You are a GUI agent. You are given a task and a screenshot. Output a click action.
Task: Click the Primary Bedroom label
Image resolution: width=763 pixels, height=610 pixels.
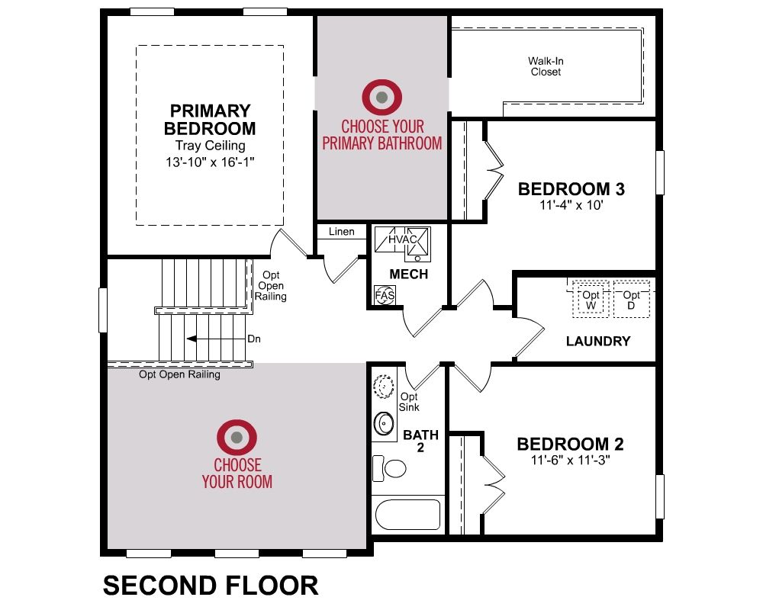click(x=210, y=120)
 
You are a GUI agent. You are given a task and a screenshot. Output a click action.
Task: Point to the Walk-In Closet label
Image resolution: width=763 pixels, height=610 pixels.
click(x=546, y=66)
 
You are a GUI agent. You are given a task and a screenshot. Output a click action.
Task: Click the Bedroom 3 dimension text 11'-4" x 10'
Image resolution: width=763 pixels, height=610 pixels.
click(x=571, y=205)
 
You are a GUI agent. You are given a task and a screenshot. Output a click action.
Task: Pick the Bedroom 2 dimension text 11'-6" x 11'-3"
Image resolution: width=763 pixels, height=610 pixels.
click(x=570, y=460)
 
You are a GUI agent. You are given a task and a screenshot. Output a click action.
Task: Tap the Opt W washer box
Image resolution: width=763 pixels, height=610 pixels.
click(x=591, y=299)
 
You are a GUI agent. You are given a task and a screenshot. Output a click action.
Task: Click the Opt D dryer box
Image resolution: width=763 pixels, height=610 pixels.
click(x=631, y=299)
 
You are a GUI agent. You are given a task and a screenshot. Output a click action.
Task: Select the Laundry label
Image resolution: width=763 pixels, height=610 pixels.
click(x=598, y=341)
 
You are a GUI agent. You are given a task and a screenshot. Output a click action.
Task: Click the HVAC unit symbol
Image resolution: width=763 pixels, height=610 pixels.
click(x=402, y=240)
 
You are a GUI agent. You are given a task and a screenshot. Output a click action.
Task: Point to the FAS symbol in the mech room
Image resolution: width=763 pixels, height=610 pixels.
click(x=385, y=295)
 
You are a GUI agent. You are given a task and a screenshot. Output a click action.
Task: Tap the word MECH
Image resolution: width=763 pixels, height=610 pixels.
click(x=409, y=274)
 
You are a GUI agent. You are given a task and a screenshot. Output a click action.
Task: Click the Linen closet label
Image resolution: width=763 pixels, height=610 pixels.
click(x=342, y=232)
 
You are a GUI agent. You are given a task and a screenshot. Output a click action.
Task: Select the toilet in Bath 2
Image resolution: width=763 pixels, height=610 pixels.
click(x=389, y=468)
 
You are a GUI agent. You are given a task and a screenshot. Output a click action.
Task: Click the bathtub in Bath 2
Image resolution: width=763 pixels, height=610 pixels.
click(x=407, y=515)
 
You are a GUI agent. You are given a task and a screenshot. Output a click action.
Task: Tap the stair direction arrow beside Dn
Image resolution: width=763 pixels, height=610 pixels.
click(x=216, y=339)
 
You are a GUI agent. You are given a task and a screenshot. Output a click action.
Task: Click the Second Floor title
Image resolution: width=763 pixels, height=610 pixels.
click(x=211, y=585)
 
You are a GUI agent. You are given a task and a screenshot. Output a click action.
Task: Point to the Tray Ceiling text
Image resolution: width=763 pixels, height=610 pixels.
click(x=211, y=146)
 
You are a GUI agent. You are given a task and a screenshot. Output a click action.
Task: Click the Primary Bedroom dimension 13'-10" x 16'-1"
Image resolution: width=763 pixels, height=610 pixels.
click(x=210, y=162)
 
